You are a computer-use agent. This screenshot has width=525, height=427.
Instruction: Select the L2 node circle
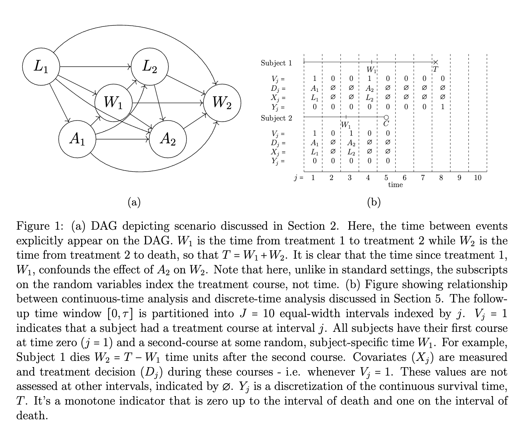click(x=150, y=67)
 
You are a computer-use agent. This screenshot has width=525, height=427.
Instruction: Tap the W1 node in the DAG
click(x=113, y=102)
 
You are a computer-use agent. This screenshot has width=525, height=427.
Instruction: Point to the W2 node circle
click(x=222, y=102)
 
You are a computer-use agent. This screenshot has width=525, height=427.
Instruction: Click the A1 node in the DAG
click(x=77, y=139)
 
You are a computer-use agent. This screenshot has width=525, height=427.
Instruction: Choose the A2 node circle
click(x=168, y=139)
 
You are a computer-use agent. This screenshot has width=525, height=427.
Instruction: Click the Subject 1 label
click(x=276, y=63)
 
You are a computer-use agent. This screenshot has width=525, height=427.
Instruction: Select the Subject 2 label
click(x=276, y=118)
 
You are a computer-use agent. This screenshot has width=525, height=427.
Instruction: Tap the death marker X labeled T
click(x=435, y=62)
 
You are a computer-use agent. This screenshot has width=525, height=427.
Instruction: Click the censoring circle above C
click(x=386, y=118)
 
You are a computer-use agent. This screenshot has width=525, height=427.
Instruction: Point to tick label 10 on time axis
click(x=477, y=178)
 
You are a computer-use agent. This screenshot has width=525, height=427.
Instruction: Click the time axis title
click(x=395, y=185)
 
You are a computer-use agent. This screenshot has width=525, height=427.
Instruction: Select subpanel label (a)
click(x=134, y=202)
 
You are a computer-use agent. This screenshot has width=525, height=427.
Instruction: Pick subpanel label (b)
click(x=374, y=202)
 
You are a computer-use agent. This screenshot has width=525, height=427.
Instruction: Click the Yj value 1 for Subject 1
click(x=443, y=107)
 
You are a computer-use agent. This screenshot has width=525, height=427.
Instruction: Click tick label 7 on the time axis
click(x=423, y=178)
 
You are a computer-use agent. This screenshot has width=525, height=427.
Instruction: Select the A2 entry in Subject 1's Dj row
click(x=369, y=88)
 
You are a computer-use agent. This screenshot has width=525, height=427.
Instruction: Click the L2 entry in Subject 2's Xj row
click(x=351, y=152)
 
